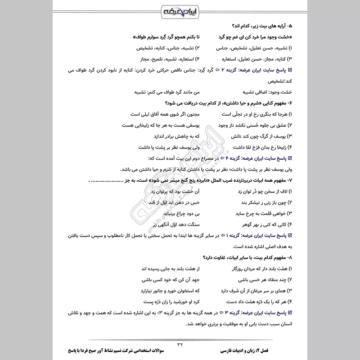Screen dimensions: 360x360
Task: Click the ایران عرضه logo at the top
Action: click(x=180, y=10)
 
